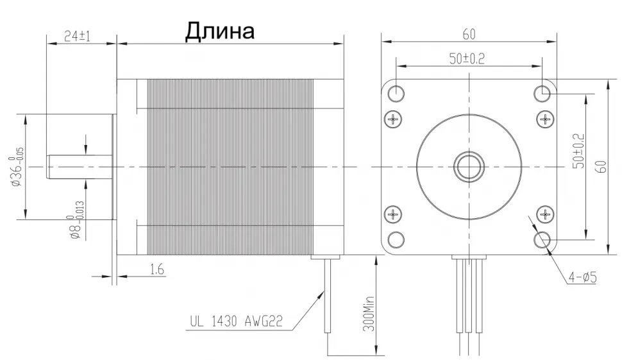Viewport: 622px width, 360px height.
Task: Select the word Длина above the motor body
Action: click(x=220, y=30)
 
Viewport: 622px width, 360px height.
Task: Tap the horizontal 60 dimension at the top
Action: click(x=469, y=32)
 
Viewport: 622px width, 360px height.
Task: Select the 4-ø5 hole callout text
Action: click(x=582, y=277)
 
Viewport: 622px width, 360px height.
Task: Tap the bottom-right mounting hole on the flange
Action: click(x=543, y=239)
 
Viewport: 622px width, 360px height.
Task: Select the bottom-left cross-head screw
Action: click(x=394, y=214)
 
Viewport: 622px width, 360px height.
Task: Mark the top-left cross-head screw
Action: click(x=394, y=118)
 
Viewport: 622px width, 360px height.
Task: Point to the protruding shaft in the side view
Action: click(x=79, y=167)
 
